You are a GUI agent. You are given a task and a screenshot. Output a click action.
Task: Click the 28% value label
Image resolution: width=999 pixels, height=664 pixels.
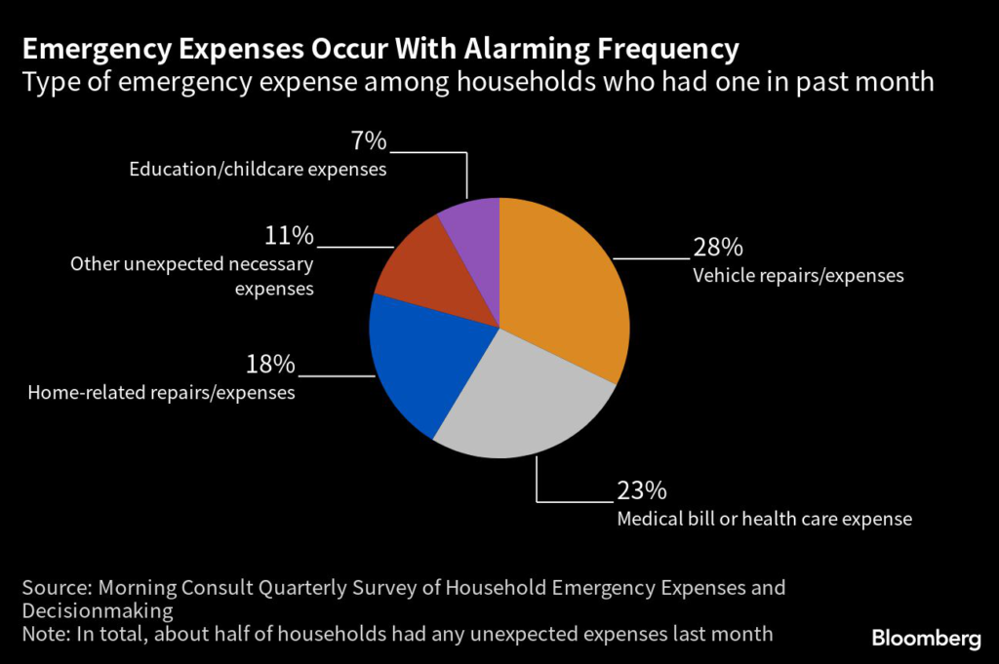(717, 247)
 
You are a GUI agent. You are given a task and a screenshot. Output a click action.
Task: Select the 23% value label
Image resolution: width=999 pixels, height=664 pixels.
(641, 489)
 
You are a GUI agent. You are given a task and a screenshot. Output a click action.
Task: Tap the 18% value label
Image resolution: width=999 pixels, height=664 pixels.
(269, 365)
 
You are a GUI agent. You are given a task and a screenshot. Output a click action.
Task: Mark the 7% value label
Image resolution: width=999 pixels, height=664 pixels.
(369, 141)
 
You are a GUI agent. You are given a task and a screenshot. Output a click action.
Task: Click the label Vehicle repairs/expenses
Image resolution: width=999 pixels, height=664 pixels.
(798, 275)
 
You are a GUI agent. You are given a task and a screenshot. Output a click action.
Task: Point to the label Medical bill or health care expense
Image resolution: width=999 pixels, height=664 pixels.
(764, 519)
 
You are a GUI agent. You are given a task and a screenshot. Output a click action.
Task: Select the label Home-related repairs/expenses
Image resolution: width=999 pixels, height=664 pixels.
(161, 393)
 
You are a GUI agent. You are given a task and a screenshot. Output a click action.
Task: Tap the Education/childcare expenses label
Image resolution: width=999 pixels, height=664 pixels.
(258, 170)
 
